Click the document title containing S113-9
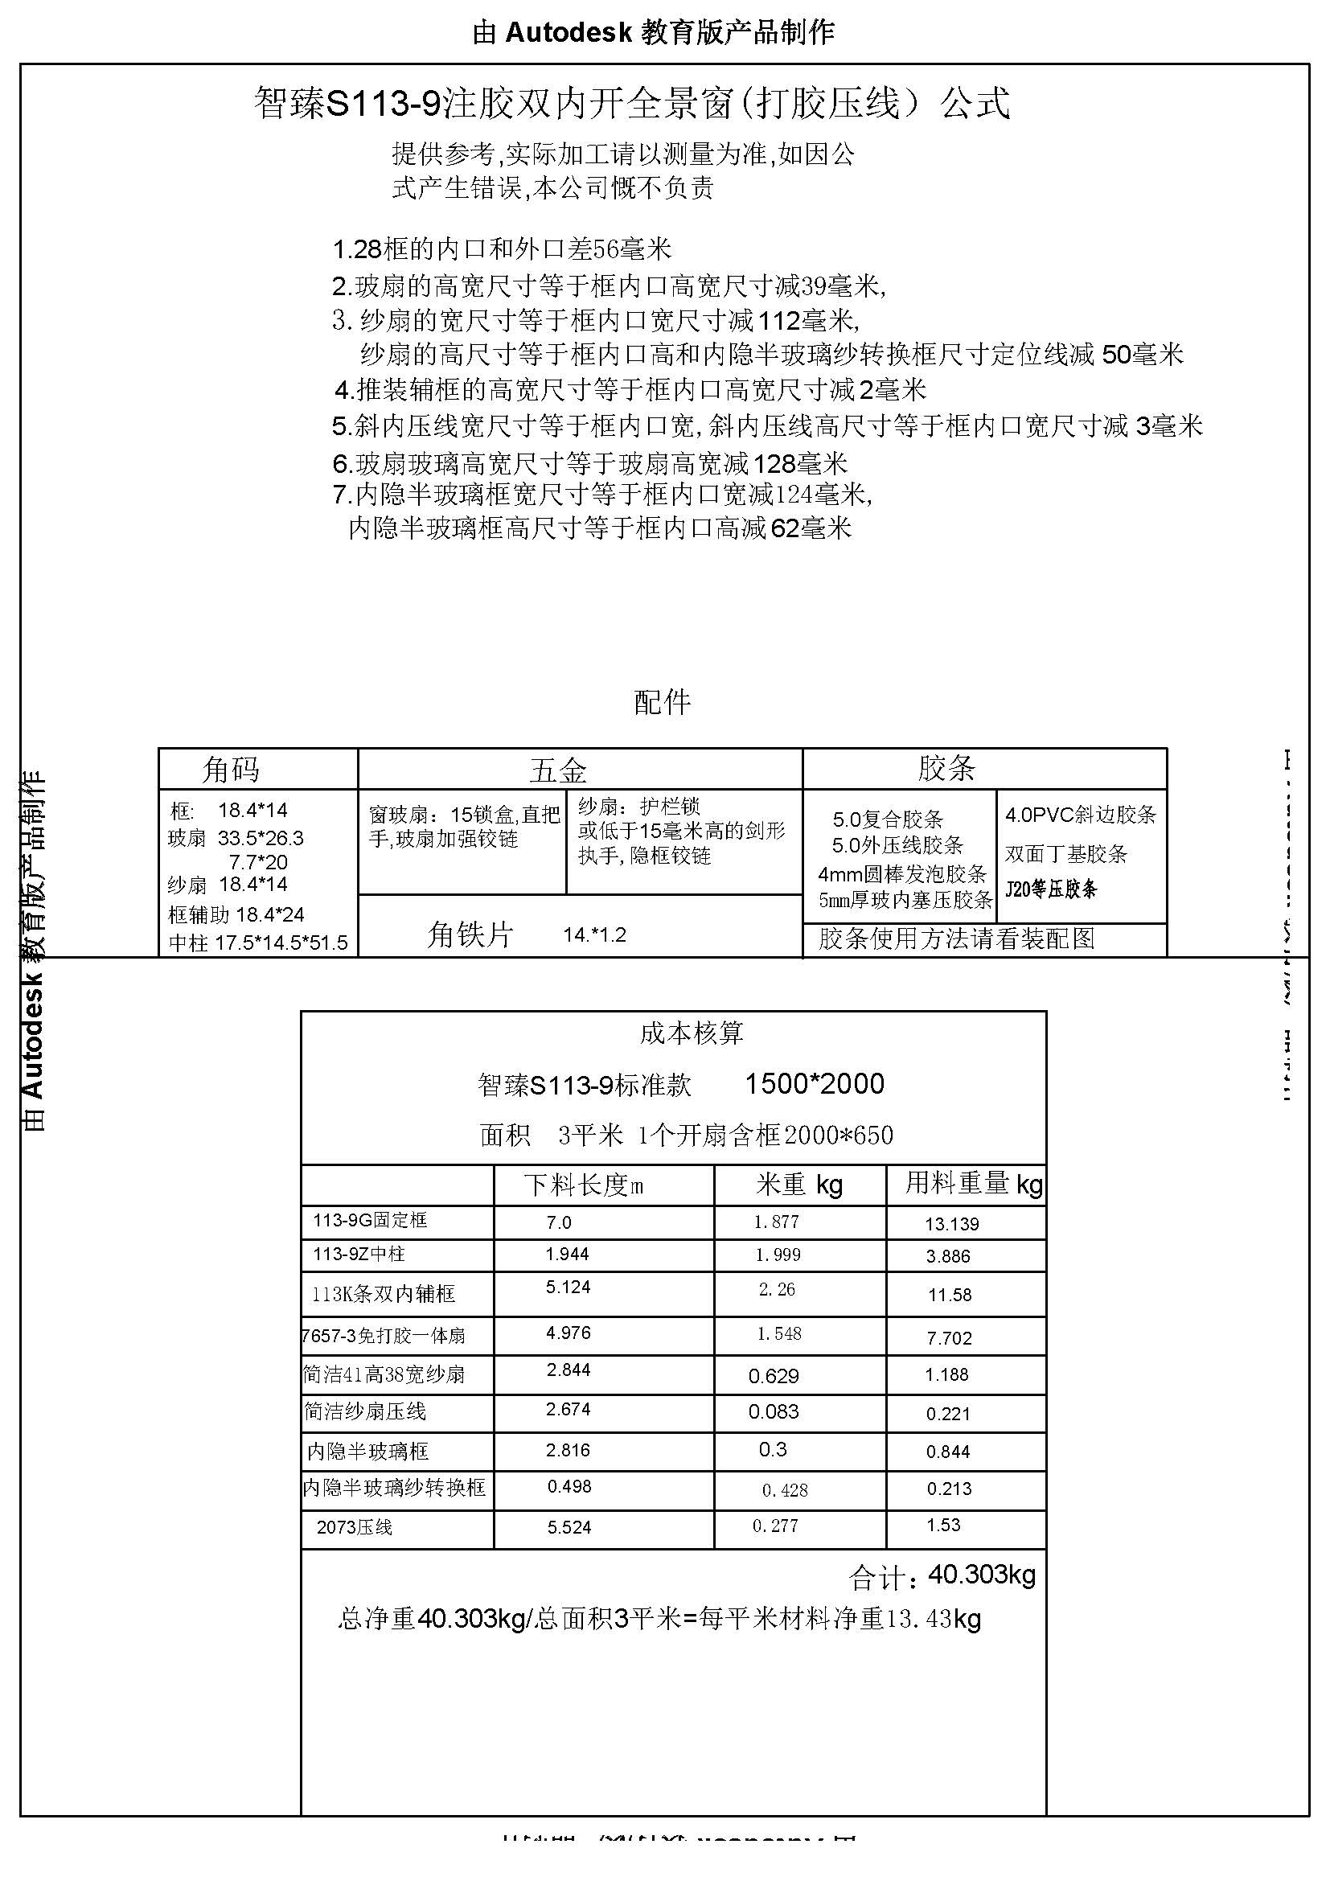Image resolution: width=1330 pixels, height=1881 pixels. pyautogui.click(x=631, y=104)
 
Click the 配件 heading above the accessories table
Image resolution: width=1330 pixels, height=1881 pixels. pyautogui.click(x=663, y=702)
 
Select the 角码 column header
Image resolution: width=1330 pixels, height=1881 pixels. pyautogui.click(x=231, y=770)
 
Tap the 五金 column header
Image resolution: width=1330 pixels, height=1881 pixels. pyautogui.click(x=559, y=770)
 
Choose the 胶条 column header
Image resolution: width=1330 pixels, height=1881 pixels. pyautogui.click(x=946, y=769)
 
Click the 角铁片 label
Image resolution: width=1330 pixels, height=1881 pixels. pyautogui.click(x=470, y=934)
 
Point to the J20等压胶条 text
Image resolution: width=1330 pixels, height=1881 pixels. pyautogui.click(x=1051, y=889)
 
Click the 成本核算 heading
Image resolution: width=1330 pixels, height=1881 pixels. pyautogui.click(x=692, y=1033)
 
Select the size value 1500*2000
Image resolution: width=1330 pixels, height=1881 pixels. pyautogui.click(x=814, y=1084)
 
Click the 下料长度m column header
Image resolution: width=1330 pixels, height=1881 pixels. pyautogui.click(x=584, y=1185)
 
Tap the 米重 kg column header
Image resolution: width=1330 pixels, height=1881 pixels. pyautogui.click(x=799, y=1185)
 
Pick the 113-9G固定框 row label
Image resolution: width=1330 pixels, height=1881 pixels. pyautogui.click(x=370, y=1221)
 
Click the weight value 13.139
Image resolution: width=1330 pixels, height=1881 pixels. pyautogui.click(x=951, y=1224)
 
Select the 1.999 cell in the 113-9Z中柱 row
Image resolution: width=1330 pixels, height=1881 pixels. pyautogui.click(x=778, y=1255)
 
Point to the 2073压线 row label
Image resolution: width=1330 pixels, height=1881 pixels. pyautogui.click(x=355, y=1527)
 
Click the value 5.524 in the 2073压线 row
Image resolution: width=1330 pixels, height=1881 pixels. pyautogui.click(x=569, y=1527)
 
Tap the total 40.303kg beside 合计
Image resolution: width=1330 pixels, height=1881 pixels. pyautogui.click(x=982, y=1575)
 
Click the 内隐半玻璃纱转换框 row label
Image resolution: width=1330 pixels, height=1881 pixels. pyautogui.click(x=394, y=1487)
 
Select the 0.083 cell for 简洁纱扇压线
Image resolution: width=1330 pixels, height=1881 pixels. pyautogui.click(x=773, y=1411)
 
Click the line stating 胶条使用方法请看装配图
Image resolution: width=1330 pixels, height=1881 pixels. pyautogui.click(x=957, y=938)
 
